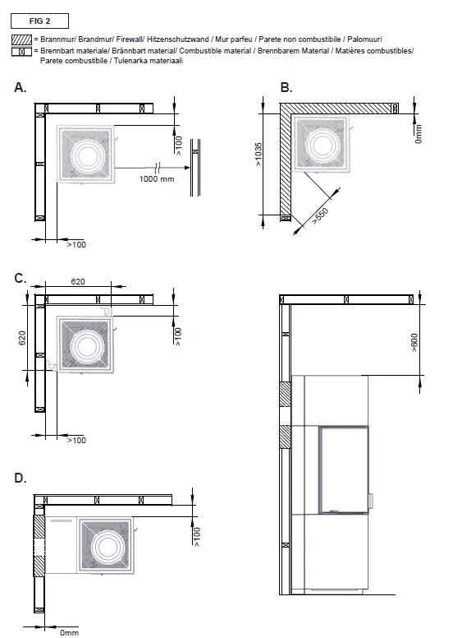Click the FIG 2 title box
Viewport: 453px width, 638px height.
39,21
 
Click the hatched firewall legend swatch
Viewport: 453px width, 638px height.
21,39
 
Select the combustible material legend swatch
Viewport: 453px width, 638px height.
21,52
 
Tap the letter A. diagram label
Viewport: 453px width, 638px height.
21,87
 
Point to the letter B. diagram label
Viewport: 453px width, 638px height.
286,87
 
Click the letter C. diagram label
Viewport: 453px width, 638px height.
21,279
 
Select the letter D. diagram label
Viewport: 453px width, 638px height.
21,478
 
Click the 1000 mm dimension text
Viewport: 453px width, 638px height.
157,178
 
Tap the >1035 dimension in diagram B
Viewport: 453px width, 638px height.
259,155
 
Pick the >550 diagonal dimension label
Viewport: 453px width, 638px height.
320,215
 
